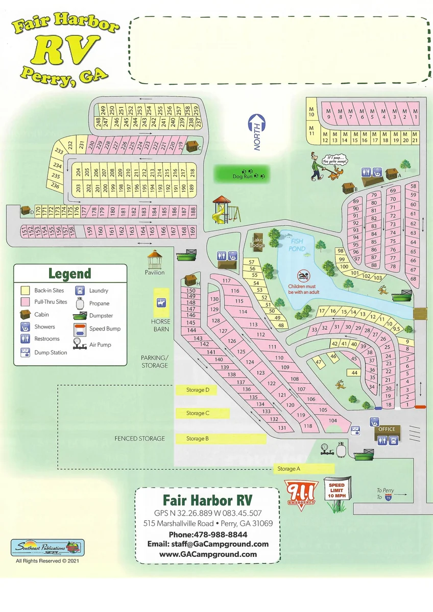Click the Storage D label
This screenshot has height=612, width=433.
pos(196,390)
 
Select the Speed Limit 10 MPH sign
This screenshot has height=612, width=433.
pos(336,491)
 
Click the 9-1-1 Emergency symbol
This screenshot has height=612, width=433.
pos(301,492)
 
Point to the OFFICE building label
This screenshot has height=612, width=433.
pos(387,429)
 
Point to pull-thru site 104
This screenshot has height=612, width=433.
pos(333,421)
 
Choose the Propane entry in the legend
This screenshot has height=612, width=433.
pos(99,303)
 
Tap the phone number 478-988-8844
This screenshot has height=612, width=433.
pos(208,534)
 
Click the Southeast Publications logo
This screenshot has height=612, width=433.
pos(47,548)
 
